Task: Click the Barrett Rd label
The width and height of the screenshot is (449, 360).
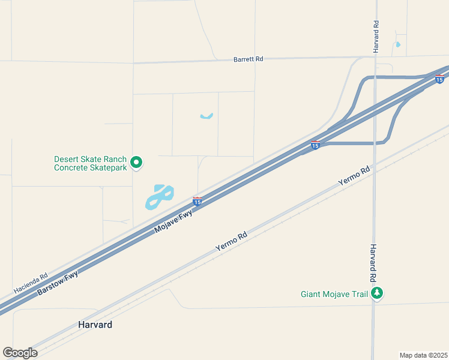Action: pos(248,59)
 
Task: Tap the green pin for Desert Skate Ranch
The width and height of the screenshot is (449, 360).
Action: pos(136,161)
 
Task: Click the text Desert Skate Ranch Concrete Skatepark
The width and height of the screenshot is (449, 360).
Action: pos(91,163)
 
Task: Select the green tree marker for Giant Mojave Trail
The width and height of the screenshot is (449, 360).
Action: pos(377,293)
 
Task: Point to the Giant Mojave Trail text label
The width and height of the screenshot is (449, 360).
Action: pos(334,294)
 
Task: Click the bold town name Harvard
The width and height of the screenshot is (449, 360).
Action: pos(95,325)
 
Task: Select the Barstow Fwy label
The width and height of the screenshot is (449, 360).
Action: pos(58,281)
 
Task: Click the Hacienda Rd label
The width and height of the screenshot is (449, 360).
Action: pos(31,284)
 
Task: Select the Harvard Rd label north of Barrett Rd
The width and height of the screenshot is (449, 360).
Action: pos(376,37)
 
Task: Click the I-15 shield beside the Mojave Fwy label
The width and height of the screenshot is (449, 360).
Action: pos(197,200)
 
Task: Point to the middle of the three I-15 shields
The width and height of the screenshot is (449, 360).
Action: pos(315,145)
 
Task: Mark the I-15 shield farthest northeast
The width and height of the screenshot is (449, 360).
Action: pos(440,79)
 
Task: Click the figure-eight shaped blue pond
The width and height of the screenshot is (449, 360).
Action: pos(160,196)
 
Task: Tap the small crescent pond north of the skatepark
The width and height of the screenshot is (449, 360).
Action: pos(206,116)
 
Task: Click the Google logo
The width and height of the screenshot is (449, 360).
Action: pos(20,352)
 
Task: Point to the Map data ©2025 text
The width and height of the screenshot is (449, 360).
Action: pos(423,355)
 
